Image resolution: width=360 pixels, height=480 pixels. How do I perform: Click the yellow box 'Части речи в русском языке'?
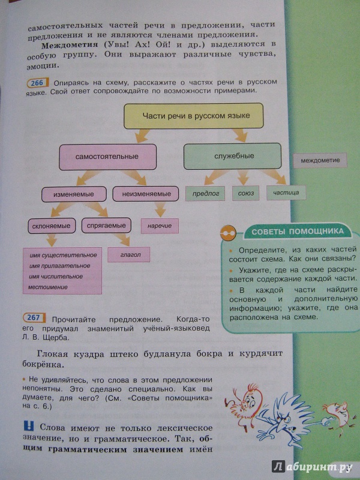193,116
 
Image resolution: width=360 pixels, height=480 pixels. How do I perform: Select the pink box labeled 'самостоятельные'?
107,157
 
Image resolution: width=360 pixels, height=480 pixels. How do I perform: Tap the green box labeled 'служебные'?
232,156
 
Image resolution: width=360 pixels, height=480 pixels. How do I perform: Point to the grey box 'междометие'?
320,160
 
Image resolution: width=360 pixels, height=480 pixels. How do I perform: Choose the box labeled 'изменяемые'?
74,194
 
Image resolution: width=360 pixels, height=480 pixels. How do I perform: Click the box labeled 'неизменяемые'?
146,194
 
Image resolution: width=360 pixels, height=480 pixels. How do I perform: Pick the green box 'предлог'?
205,193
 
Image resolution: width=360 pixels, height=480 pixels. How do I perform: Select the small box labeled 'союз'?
245,193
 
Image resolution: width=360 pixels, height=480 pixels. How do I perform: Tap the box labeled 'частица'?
286,193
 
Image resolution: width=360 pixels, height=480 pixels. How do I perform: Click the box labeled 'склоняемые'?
52,226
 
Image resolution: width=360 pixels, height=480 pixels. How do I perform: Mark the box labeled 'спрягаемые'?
106,226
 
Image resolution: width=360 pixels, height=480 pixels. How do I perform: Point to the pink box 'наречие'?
160,226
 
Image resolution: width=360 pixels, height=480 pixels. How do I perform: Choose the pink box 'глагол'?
128,254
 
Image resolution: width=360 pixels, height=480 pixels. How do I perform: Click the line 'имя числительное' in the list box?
56,277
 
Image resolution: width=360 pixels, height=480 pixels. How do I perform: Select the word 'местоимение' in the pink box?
48,287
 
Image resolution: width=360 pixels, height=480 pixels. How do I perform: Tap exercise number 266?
38,83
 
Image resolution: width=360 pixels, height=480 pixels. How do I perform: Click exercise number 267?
34,318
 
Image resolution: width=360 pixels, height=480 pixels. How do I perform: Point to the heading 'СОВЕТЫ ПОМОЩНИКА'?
298,232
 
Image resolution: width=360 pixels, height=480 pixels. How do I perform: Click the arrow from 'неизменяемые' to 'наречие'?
160,209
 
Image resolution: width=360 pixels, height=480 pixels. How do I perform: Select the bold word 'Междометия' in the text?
70,45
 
